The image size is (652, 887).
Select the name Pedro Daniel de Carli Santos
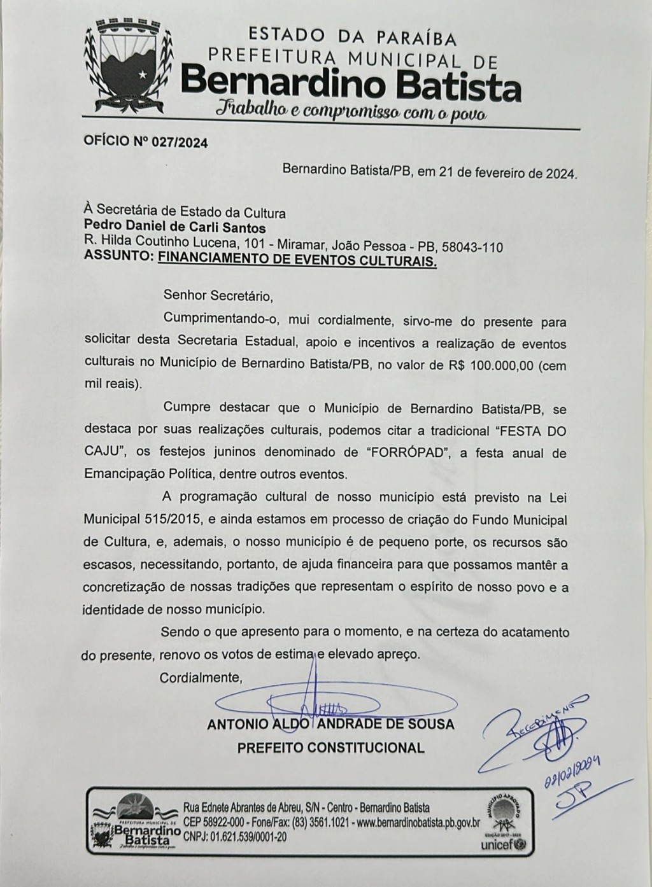[x=175, y=227]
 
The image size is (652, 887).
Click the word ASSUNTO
[x=118, y=260]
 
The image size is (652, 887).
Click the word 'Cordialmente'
[x=201, y=677]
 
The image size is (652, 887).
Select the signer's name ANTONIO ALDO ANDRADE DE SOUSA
[x=330, y=724]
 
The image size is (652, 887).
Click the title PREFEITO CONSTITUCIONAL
[x=330, y=748]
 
